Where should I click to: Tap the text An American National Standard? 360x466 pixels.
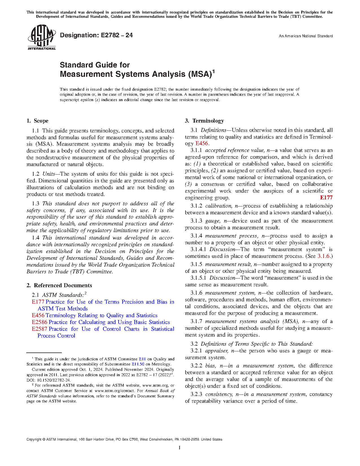[306, 36]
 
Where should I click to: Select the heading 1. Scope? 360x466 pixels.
[38, 121]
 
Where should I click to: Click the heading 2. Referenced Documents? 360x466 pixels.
[59, 286]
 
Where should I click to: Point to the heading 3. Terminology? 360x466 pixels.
[204, 121]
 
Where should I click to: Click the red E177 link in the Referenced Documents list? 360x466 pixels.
[38, 302]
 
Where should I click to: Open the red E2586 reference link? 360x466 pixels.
[40, 322]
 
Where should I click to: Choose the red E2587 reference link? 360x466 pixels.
[40, 329]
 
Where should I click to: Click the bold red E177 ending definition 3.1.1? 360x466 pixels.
[326, 198]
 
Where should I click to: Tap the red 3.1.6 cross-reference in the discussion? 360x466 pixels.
[324, 256]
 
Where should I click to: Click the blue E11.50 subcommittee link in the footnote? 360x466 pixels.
[138, 364]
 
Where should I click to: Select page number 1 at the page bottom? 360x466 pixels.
[180, 448]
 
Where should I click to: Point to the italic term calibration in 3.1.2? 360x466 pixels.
[218, 206]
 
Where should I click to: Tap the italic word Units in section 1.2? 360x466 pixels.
[49, 174]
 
